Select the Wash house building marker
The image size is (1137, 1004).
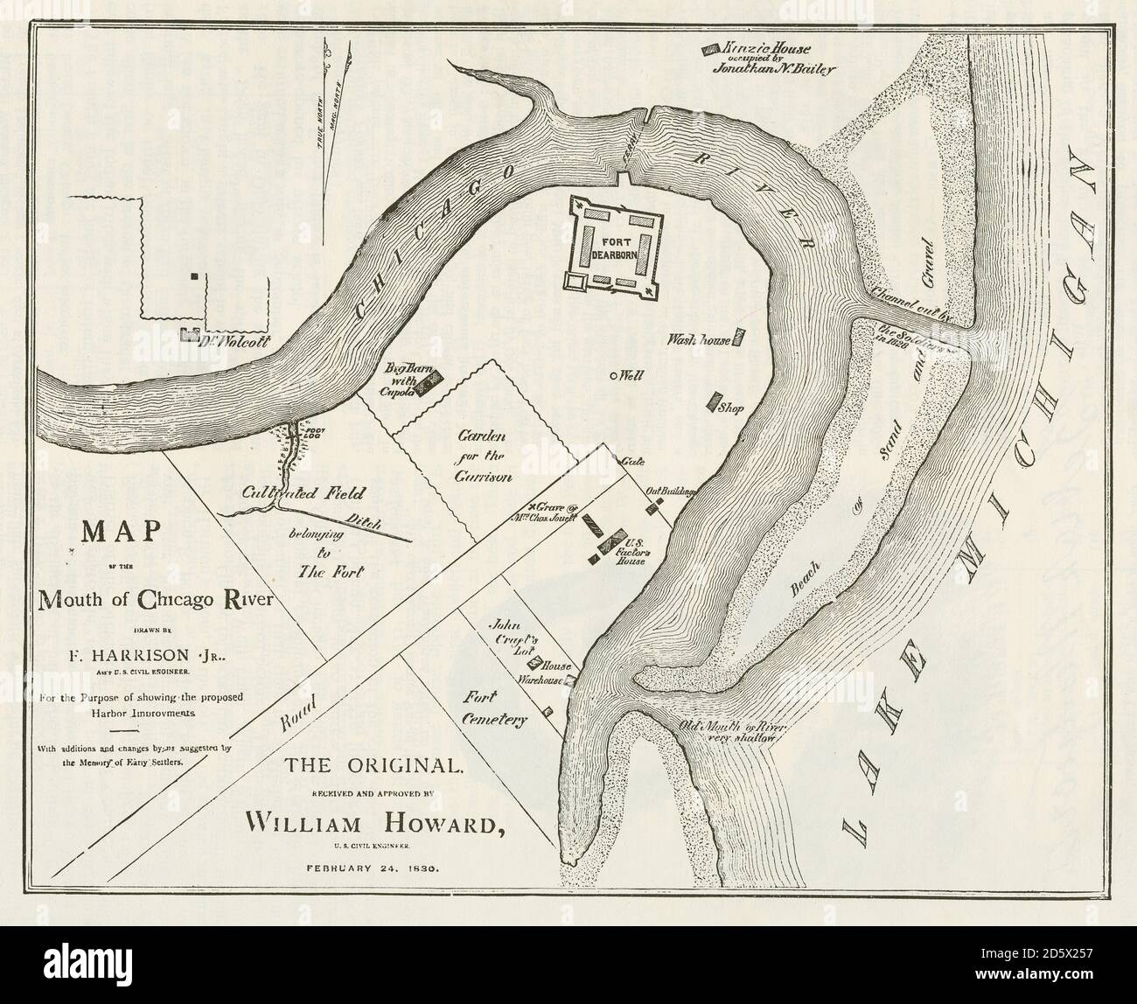click(739, 338)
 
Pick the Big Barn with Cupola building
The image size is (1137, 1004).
click(429, 383)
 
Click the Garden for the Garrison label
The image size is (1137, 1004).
click(477, 454)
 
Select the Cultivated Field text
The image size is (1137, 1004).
click(292, 493)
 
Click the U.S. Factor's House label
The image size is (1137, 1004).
click(630, 552)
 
